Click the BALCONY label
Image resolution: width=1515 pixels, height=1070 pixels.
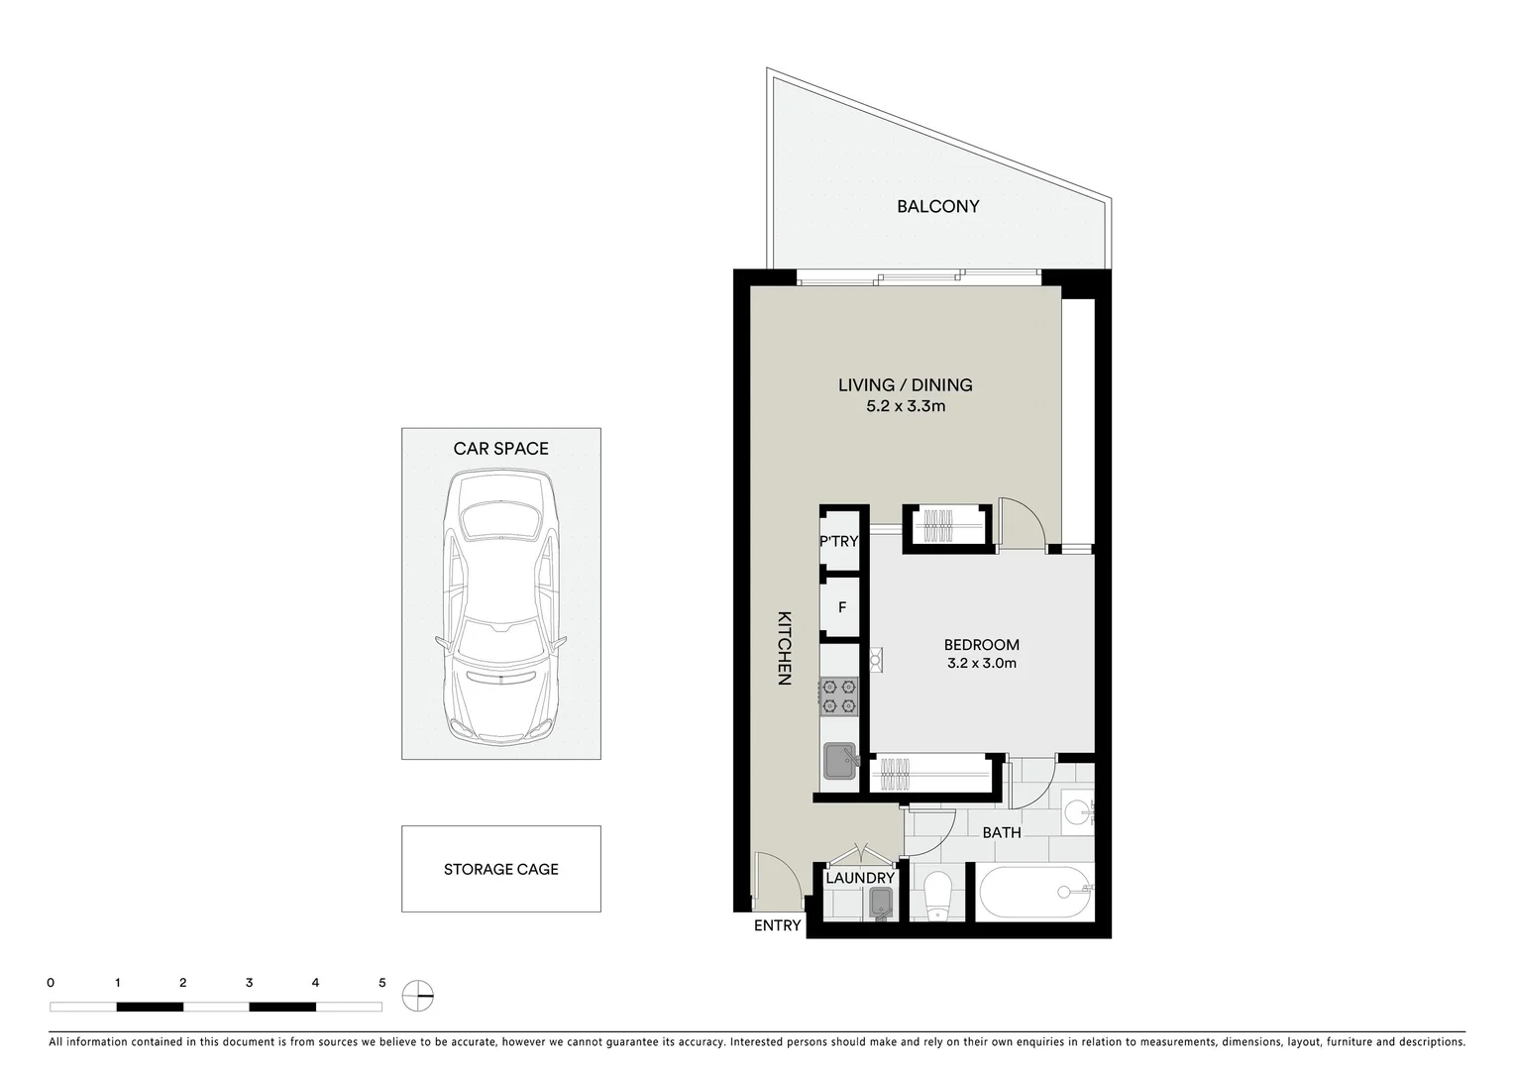click(937, 206)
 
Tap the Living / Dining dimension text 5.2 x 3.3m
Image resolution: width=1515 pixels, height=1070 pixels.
click(905, 406)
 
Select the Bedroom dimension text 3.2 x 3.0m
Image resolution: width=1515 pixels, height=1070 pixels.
click(981, 663)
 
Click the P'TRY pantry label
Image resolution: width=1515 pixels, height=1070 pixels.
click(838, 541)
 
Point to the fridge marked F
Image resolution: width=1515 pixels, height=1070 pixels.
click(841, 607)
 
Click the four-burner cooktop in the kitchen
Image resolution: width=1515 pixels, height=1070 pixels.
click(838, 695)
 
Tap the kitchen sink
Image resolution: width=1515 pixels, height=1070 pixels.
click(840, 761)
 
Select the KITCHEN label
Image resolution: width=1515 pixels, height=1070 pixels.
click(784, 648)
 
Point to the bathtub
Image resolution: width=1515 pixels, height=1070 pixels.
click(1034, 893)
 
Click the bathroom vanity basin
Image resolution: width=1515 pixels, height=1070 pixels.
click(1076, 812)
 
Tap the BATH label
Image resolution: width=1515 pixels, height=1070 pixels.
click(1001, 832)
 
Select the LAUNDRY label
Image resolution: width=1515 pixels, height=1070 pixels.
click(859, 878)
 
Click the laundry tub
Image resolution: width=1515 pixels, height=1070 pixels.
click(881, 903)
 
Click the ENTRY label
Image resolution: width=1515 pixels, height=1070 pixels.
click(777, 925)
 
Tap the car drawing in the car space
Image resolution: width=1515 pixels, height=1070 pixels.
click(500, 606)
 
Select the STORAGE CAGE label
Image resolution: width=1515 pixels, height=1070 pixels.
click(500, 869)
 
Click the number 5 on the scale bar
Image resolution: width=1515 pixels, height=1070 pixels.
click(381, 983)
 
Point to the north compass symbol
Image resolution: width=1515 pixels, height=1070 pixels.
click(418, 995)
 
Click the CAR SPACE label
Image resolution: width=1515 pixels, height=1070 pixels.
click(500, 448)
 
